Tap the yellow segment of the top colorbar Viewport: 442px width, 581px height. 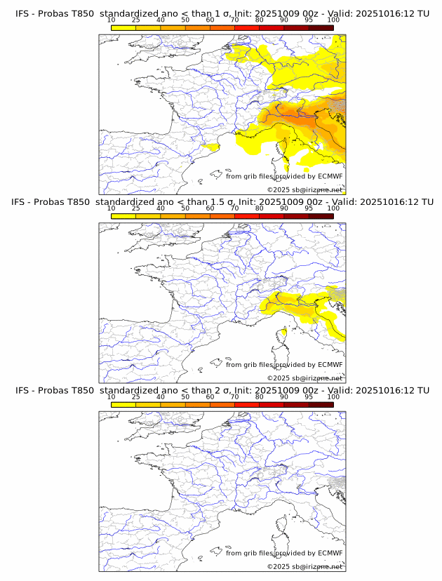(x=123, y=27)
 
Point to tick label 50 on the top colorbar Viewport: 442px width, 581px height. (x=185, y=20)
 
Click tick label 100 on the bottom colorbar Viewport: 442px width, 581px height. (x=333, y=397)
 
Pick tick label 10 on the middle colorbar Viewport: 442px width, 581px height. (x=112, y=208)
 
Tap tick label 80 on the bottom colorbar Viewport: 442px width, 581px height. (x=260, y=397)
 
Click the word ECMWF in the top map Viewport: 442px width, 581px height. (x=330, y=177)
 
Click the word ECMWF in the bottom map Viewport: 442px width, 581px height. (x=330, y=553)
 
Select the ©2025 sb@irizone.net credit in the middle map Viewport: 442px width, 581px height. (x=304, y=378)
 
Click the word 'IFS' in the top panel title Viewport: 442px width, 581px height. (x=22, y=14)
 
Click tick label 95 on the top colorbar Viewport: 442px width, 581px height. (x=309, y=20)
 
